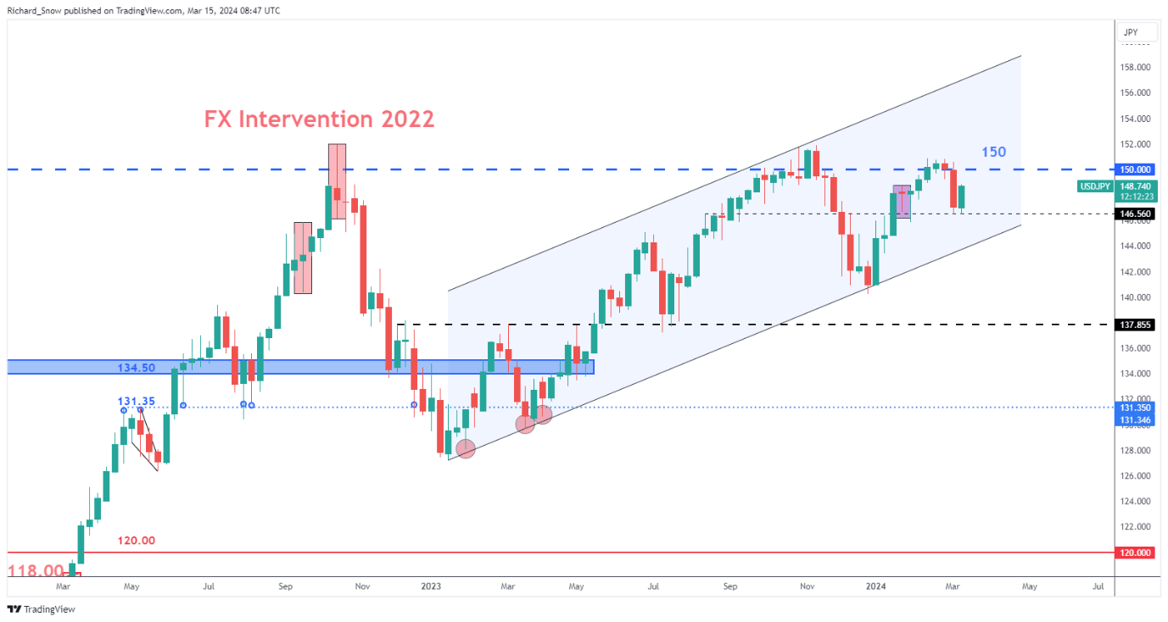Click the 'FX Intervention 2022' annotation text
(x=319, y=119)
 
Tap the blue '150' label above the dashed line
(x=993, y=153)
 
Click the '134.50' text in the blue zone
(x=136, y=368)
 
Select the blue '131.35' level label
(x=136, y=401)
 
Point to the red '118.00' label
(x=36, y=572)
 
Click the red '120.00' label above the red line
(x=136, y=541)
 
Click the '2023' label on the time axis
(x=430, y=586)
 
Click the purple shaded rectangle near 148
(x=902, y=201)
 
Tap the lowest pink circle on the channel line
(x=465, y=449)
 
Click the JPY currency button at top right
(x=1130, y=32)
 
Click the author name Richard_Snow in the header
(x=37, y=11)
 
